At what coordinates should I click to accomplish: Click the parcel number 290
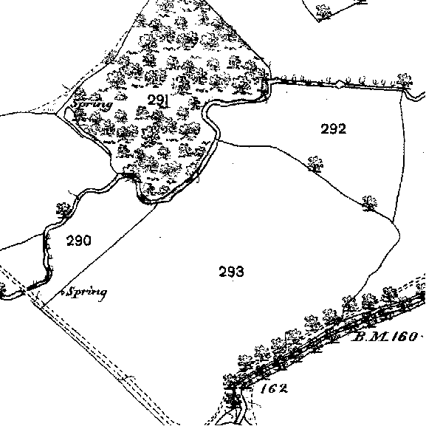79,241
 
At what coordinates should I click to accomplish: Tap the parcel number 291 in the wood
159,100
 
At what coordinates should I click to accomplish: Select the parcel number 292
334,128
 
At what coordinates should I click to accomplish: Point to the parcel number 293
231,272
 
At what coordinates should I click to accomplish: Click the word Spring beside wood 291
92,104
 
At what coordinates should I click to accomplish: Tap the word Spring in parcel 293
87,292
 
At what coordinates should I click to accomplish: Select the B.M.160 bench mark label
385,337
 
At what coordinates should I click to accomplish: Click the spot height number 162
274,389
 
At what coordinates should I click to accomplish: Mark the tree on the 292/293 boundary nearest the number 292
315,164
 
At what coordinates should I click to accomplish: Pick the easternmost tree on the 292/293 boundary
370,203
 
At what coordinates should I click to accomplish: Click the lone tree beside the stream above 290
64,210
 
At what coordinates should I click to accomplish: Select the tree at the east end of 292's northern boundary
405,81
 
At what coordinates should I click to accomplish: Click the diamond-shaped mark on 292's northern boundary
339,83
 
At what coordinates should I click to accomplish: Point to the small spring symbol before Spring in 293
63,292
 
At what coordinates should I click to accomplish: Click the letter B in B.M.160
358,337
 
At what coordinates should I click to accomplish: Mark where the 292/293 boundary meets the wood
219,141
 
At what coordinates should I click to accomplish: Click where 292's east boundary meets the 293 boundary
393,221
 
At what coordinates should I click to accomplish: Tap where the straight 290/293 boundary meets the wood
157,204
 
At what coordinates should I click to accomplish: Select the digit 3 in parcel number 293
240,272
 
